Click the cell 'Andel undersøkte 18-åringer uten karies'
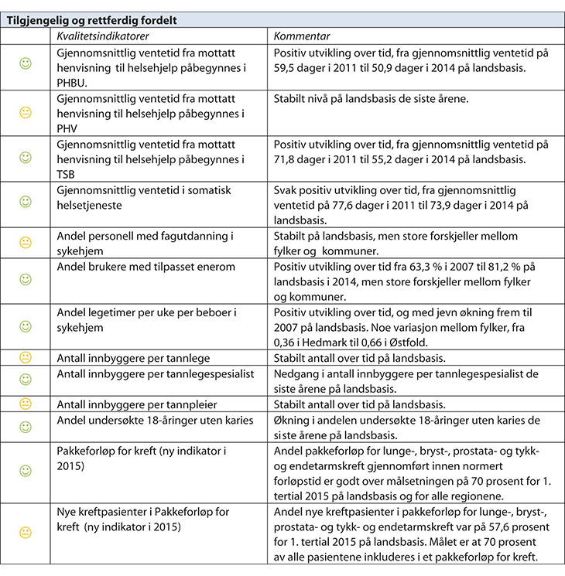coord(154,420)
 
